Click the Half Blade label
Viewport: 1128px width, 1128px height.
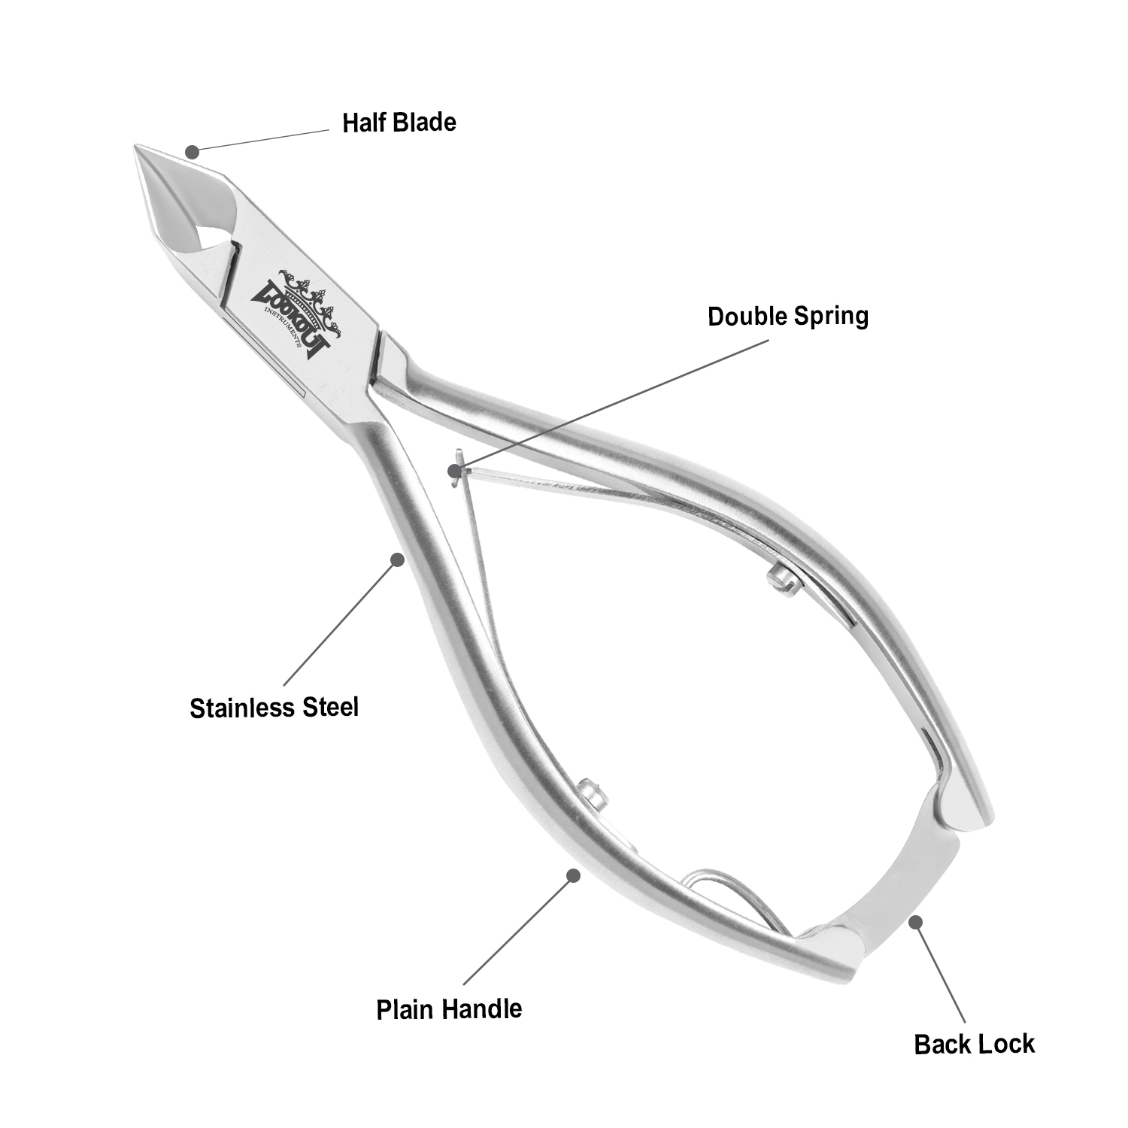pos(399,123)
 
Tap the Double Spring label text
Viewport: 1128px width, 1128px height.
pos(787,316)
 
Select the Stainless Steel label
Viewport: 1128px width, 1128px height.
pos(274,708)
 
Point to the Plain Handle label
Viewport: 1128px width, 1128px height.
pos(449,1008)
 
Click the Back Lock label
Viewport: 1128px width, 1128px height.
pos(974,1044)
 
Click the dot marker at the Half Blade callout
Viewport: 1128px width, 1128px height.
pos(193,152)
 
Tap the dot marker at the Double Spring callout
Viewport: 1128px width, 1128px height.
pos(454,472)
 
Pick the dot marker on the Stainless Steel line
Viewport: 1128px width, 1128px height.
pos(397,559)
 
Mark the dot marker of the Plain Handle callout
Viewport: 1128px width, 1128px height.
pos(573,875)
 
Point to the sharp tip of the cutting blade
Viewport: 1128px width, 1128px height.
pos(137,147)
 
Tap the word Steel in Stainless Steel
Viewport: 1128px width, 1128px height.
pos(329,708)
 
